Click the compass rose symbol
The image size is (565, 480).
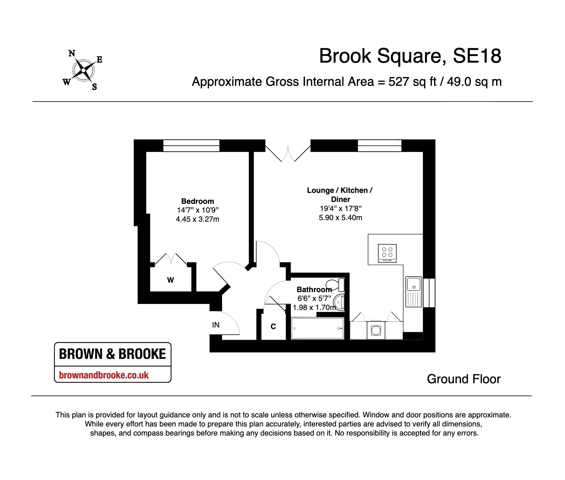[83, 70]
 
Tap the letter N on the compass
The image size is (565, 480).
[72, 54]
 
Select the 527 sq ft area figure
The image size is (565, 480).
[412, 82]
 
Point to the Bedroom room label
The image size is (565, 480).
[198, 201]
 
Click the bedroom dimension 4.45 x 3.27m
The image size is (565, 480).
[198, 219]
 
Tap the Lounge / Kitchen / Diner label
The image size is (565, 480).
[340, 195]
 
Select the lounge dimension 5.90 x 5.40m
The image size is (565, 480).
[340, 218]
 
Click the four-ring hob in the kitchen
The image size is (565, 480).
[387, 253]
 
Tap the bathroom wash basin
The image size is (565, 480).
[339, 302]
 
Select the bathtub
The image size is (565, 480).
[318, 328]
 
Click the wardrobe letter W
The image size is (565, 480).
[170, 280]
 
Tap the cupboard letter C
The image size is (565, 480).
[273, 327]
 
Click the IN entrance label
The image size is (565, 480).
[216, 325]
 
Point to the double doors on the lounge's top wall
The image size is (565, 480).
[288, 153]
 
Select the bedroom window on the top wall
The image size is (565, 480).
[191, 146]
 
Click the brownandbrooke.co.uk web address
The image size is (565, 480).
[104, 375]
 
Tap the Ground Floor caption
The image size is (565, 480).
[464, 379]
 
